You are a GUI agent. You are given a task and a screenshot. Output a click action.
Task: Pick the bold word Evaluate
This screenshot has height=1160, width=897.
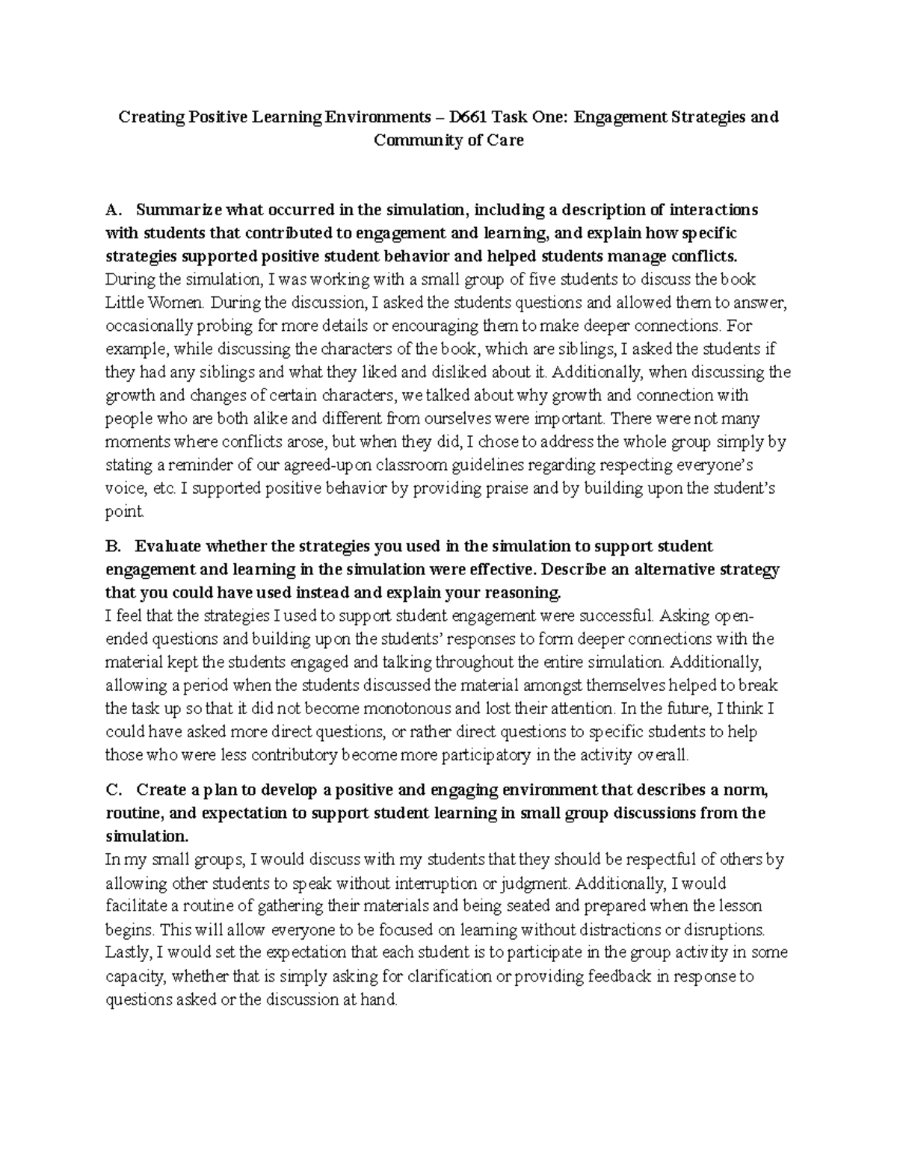point(168,547)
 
